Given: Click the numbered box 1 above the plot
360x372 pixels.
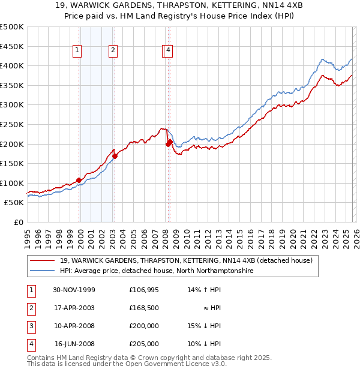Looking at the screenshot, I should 78,51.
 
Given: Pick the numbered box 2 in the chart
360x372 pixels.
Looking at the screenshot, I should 112,51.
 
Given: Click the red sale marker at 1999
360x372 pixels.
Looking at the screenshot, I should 79,180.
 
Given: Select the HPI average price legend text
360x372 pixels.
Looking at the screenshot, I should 157,271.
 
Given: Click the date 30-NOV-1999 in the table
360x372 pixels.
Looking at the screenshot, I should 74,290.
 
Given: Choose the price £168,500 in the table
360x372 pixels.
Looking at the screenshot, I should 144,308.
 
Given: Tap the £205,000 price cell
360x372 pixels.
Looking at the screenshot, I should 144,344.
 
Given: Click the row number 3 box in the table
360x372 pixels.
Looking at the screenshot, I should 31,326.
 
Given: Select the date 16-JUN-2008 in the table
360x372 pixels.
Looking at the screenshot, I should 74,344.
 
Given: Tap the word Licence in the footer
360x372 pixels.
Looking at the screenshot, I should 200,364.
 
